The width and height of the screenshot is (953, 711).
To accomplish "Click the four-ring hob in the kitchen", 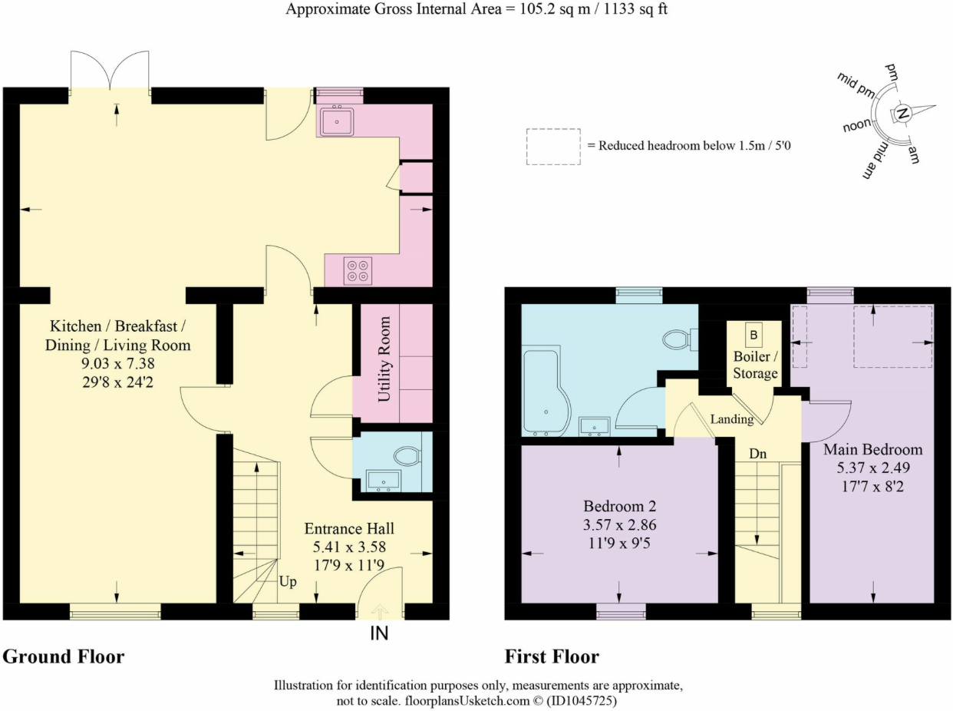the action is [358, 271].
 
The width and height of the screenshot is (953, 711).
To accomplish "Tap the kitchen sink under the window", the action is [338, 121].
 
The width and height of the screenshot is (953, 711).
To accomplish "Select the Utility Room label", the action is [384, 359].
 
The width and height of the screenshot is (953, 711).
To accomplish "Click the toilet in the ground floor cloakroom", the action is [407, 456].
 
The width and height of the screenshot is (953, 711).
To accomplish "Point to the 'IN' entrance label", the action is [379, 633].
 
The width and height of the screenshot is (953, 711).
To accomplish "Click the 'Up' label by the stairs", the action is [288, 581].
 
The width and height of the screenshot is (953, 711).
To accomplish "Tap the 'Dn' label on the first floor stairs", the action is [757, 454].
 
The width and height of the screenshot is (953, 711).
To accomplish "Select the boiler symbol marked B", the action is [753, 336].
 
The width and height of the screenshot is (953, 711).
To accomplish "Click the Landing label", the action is [732, 419].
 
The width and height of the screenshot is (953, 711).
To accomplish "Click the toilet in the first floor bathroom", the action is [681, 339].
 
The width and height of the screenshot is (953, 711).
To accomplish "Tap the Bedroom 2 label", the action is [619, 506].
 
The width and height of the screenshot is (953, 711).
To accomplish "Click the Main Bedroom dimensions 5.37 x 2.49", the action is [873, 468].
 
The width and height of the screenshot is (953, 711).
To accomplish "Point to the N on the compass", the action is [902, 114].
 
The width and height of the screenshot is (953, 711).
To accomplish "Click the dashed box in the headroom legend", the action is [553, 147].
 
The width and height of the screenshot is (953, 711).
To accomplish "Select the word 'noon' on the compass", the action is [856, 125].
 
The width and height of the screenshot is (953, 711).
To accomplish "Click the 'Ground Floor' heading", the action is [64, 656].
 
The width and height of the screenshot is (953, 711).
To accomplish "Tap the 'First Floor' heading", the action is [552, 656].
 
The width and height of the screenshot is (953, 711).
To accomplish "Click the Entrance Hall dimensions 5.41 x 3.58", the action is [349, 547].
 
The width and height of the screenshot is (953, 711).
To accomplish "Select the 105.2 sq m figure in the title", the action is [555, 9].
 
